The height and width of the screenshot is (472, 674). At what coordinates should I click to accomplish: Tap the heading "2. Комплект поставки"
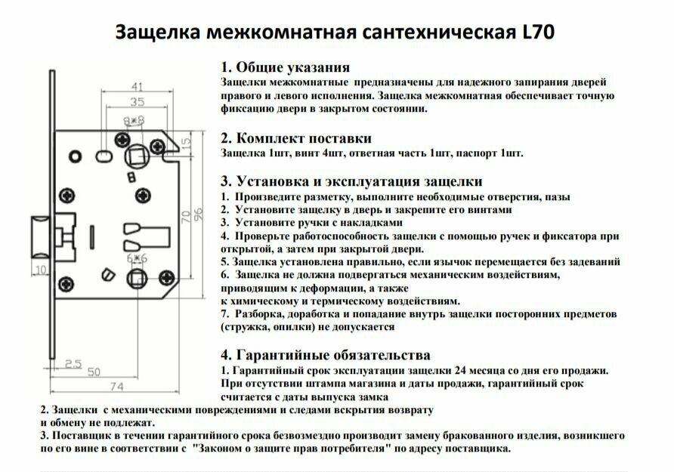[295, 138]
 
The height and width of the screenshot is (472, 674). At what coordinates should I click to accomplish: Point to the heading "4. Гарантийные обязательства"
[326, 355]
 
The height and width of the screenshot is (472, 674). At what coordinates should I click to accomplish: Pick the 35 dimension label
[137, 101]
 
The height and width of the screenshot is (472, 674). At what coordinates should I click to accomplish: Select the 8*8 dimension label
[134, 120]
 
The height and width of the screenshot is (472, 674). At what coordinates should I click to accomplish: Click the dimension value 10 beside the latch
[40, 269]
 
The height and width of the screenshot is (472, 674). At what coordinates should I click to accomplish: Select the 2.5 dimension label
[73, 364]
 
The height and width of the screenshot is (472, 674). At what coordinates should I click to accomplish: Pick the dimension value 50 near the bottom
[94, 372]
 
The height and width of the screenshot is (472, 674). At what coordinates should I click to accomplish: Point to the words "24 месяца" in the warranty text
[481, 371]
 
